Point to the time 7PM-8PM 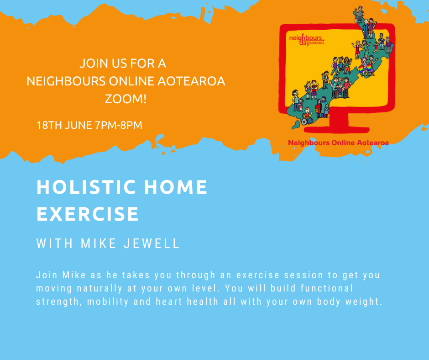click(x=118, y=125)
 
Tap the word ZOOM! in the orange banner click(x=126, y=98)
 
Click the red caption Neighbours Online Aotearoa click(x=338, y=143)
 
